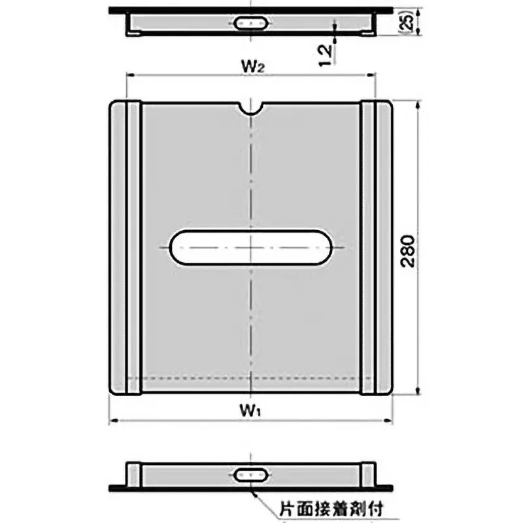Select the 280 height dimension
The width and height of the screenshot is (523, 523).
(x=407, y=248)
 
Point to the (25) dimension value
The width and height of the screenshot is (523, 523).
(x=406, y=22)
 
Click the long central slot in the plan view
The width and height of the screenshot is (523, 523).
(x=251, y=248)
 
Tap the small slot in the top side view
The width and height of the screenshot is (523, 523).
(x=251, y=22)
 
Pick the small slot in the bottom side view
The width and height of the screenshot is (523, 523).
(x=251, y=474)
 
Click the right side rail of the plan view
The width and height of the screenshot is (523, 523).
(x=377, y=248)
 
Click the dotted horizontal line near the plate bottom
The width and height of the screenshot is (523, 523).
(x=251, y=379)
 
